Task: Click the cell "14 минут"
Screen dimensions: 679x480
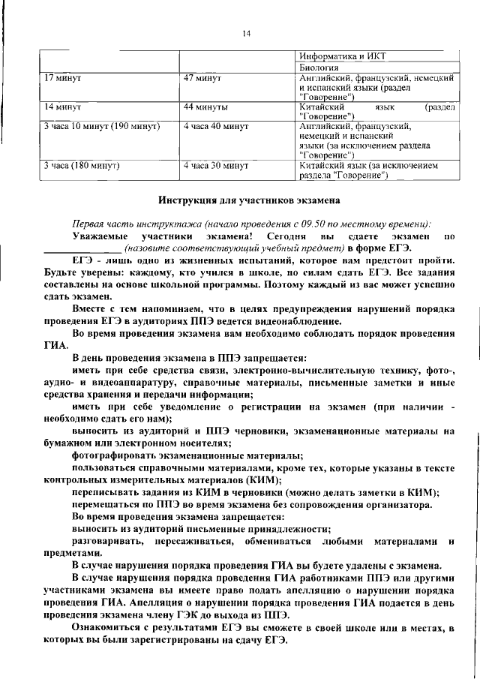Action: pyautogui.click(x=62, y=107)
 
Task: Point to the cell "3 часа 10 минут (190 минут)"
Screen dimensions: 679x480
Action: pyautogui.click(x=102, y=127)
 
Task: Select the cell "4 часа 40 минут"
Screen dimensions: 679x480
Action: pyautogui.click(x=215, y=127)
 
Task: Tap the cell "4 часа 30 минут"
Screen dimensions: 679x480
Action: pyautogui.click(x=215, y=166)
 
